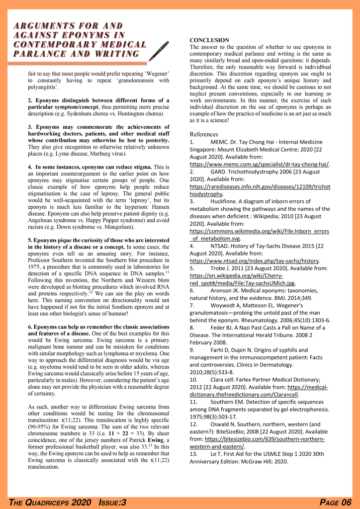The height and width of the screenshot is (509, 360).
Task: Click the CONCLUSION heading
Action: coord(209,40)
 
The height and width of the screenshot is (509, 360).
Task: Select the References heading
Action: coord(204,134)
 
